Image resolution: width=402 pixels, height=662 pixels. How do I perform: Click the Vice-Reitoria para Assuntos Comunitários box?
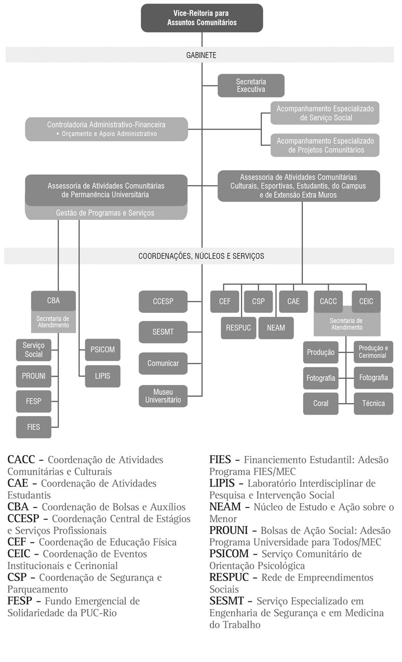[x=202, y=18]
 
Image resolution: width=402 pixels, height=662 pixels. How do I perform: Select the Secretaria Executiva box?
[x=251, y=86]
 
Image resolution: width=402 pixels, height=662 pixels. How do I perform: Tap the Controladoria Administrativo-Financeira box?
[x=106, y=129]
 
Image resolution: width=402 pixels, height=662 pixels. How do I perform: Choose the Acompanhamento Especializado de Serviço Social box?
[x=325, y=113]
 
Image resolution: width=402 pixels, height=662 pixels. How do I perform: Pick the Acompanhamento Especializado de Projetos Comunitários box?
[x=325, y=145]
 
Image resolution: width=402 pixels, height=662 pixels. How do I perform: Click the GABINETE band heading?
[x=201, y=54]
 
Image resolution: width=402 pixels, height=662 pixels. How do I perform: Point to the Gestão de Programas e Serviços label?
[x=105, y=213]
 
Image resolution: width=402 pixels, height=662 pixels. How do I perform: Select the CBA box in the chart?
[x=53, y=301]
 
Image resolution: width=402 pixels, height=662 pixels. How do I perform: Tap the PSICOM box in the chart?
[x=103, y=350]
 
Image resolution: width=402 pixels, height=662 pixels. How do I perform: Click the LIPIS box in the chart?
[x=103, y=376]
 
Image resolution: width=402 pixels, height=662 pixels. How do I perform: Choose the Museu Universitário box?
[x=163, y=396]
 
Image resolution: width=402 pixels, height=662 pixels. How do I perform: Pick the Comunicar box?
[x=163, y=363]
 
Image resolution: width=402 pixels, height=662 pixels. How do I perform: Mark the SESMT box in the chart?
[x=163, y=332]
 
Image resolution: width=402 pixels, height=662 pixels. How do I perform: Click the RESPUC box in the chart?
[x=238, y=328]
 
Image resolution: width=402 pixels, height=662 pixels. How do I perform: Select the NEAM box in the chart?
[x=276, y=328]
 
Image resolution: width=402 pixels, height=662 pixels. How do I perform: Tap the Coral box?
[x=320, y=403]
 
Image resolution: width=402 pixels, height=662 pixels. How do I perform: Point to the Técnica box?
[x=373, y=403]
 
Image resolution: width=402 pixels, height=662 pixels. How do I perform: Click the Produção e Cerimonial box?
[x=373, y=352]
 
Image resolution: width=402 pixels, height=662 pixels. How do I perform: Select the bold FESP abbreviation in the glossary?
[x=20, y=601]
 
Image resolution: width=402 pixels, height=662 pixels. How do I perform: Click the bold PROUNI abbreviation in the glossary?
[x=229, y=530]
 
